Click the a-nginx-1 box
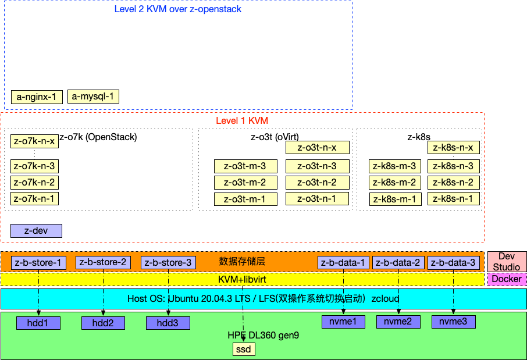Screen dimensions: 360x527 (x=36, y=97)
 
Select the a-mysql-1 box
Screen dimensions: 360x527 (x=94, y=97)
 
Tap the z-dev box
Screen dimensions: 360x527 (x=36, y=231)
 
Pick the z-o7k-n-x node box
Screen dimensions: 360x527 (x=34, y=141)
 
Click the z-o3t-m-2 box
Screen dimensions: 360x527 (x=245, y=183)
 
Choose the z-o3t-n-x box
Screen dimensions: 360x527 (x=317, y=147)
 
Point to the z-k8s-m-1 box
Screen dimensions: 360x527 (x=395, y=199)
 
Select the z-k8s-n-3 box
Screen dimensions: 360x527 (x=454, y=166)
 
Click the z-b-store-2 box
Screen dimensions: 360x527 (x=103, y=262)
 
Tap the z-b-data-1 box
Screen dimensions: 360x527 (x=343, y=263)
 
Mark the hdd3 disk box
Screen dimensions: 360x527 (x=168, y=323)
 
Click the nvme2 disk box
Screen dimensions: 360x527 (x=398, y=321)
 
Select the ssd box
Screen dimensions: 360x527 (x=244, y=350)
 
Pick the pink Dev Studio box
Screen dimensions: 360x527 (x=507, y=261)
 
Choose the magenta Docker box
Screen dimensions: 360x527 (x=507, y=279)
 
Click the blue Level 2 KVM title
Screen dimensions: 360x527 (x=178, y=9)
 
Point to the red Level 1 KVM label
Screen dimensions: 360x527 (x=242, y=121)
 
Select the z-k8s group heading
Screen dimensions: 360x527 (x=419, y=137)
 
